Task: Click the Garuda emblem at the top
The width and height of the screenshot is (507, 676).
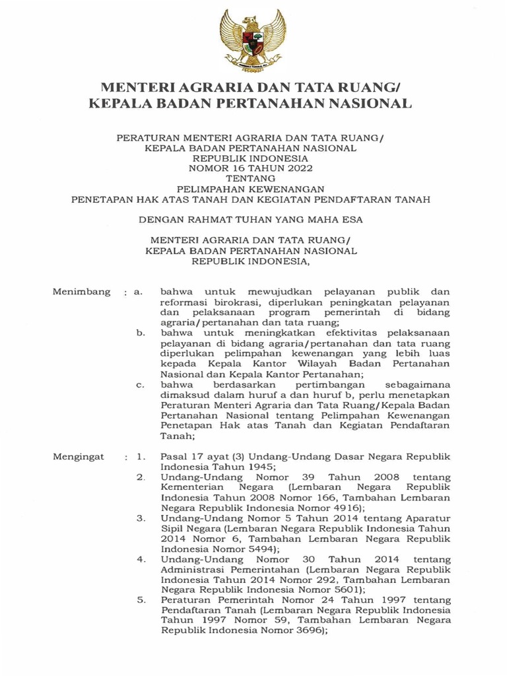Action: pos(253,40)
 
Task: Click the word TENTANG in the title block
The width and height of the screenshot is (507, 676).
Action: pos(253,178)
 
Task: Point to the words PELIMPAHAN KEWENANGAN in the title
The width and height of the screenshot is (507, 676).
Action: pos(253,188)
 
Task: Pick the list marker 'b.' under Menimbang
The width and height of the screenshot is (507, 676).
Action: pos(140,334)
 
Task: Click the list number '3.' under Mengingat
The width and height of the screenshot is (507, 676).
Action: pos(141,518)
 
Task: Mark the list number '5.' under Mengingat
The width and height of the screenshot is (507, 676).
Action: pos(141,600)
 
